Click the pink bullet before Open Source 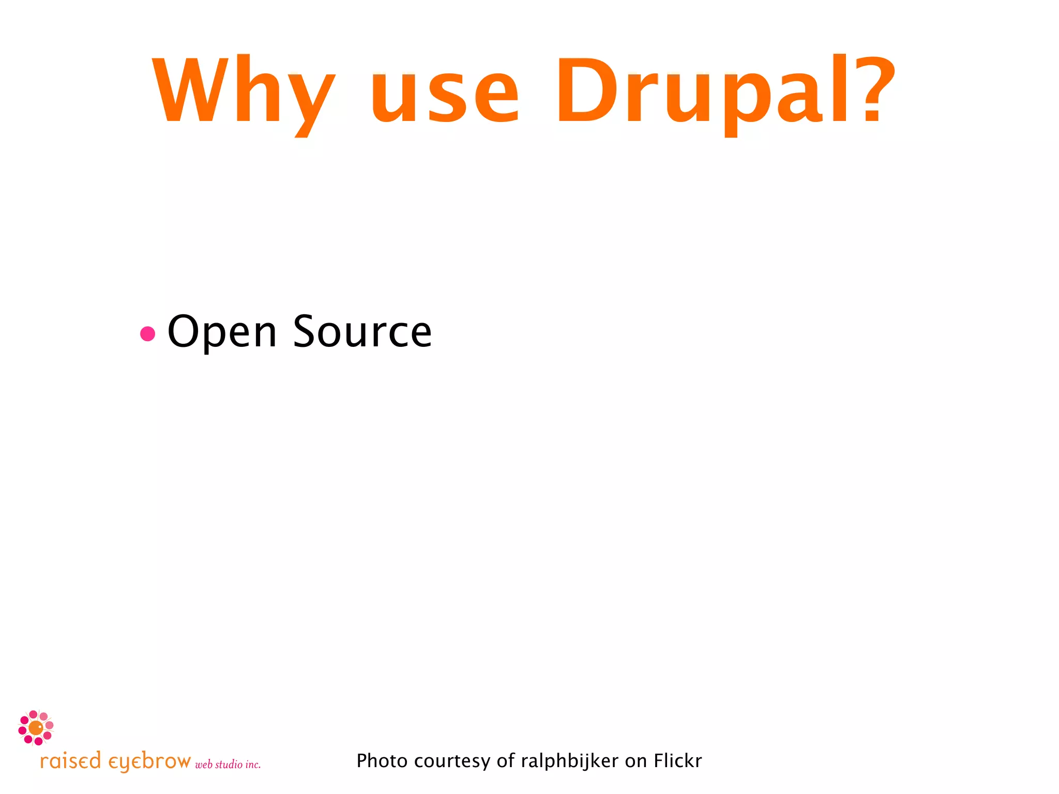pyautogui.click(x=148, y=333)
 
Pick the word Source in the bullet pyautogui.click(x=362, y=332)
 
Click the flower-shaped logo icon pyautogui.click(x=36, y=727)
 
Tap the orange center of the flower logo pyautogui.click(x=36, y=728)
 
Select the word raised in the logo pyautogui.click(x=70, y=761)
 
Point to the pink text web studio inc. pyautogui.click(x=228, y=765)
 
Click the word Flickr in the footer pyautogui.click(x=677, y=761)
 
